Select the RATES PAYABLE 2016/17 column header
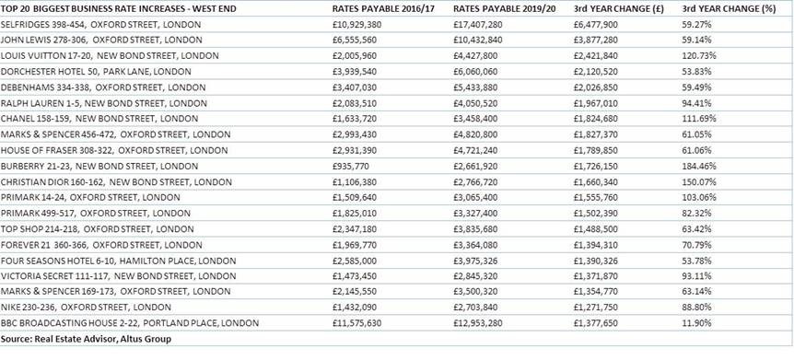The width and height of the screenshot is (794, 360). tap(382, 7)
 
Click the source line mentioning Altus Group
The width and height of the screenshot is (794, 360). tap(87, 338)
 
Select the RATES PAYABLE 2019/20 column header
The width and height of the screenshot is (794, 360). tap(503, 7)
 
